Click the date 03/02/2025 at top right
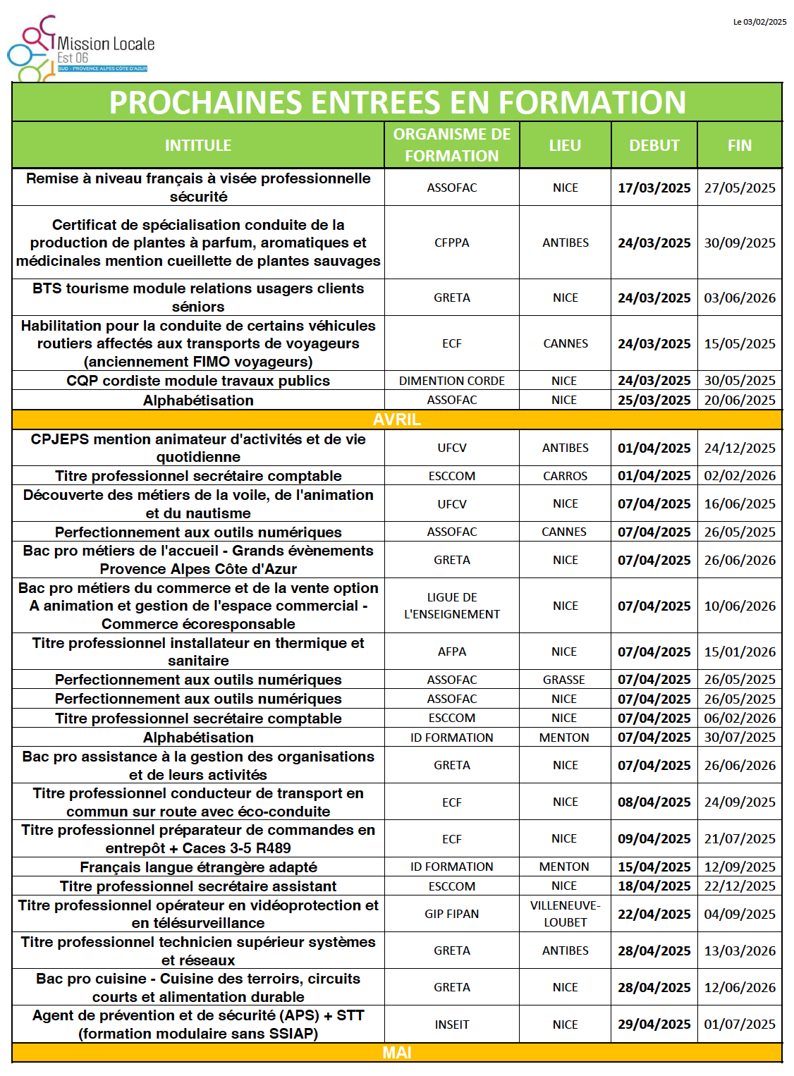point(759,22)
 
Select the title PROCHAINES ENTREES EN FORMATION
point(397,102)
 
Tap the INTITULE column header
point(198,145)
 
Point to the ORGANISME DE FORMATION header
point(452,145)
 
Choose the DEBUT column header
point(654,145)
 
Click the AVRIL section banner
point(397,420)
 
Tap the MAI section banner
point(397,1053)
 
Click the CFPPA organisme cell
point(452,243)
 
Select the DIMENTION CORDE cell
point(452,381)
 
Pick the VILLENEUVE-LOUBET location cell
point(565,914)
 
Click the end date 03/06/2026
point(740,298)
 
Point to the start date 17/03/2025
point(654,188)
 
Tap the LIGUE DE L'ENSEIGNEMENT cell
point(452,606)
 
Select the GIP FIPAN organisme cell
point(452,914)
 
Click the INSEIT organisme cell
point(452,1025)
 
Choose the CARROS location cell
point(565,476)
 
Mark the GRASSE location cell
point(564,680)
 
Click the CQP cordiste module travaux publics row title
point(198,381)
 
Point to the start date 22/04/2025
point(654,914)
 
